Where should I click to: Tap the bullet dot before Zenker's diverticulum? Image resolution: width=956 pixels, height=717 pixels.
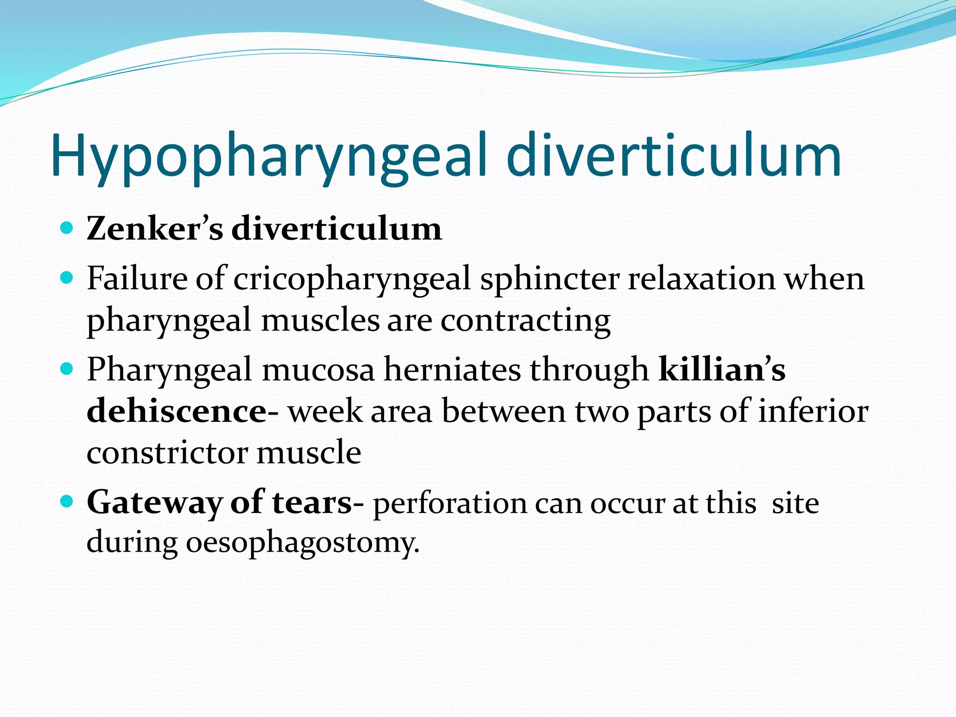[67, 228]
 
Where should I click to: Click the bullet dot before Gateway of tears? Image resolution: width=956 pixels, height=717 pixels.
[67, 502]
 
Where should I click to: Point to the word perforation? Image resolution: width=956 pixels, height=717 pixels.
[449, 504]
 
